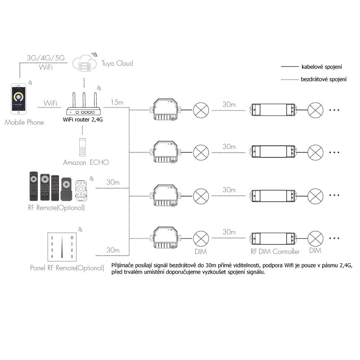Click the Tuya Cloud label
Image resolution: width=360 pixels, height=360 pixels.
[117, 63]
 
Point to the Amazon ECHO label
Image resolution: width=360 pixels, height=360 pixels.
[85, 162]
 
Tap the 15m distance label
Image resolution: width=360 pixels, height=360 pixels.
[116, 103]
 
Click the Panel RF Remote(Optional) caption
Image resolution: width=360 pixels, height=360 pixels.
[67, 268]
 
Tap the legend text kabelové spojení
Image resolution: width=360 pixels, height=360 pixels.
[321, 67]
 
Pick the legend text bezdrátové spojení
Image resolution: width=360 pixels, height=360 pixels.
[323, 79]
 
